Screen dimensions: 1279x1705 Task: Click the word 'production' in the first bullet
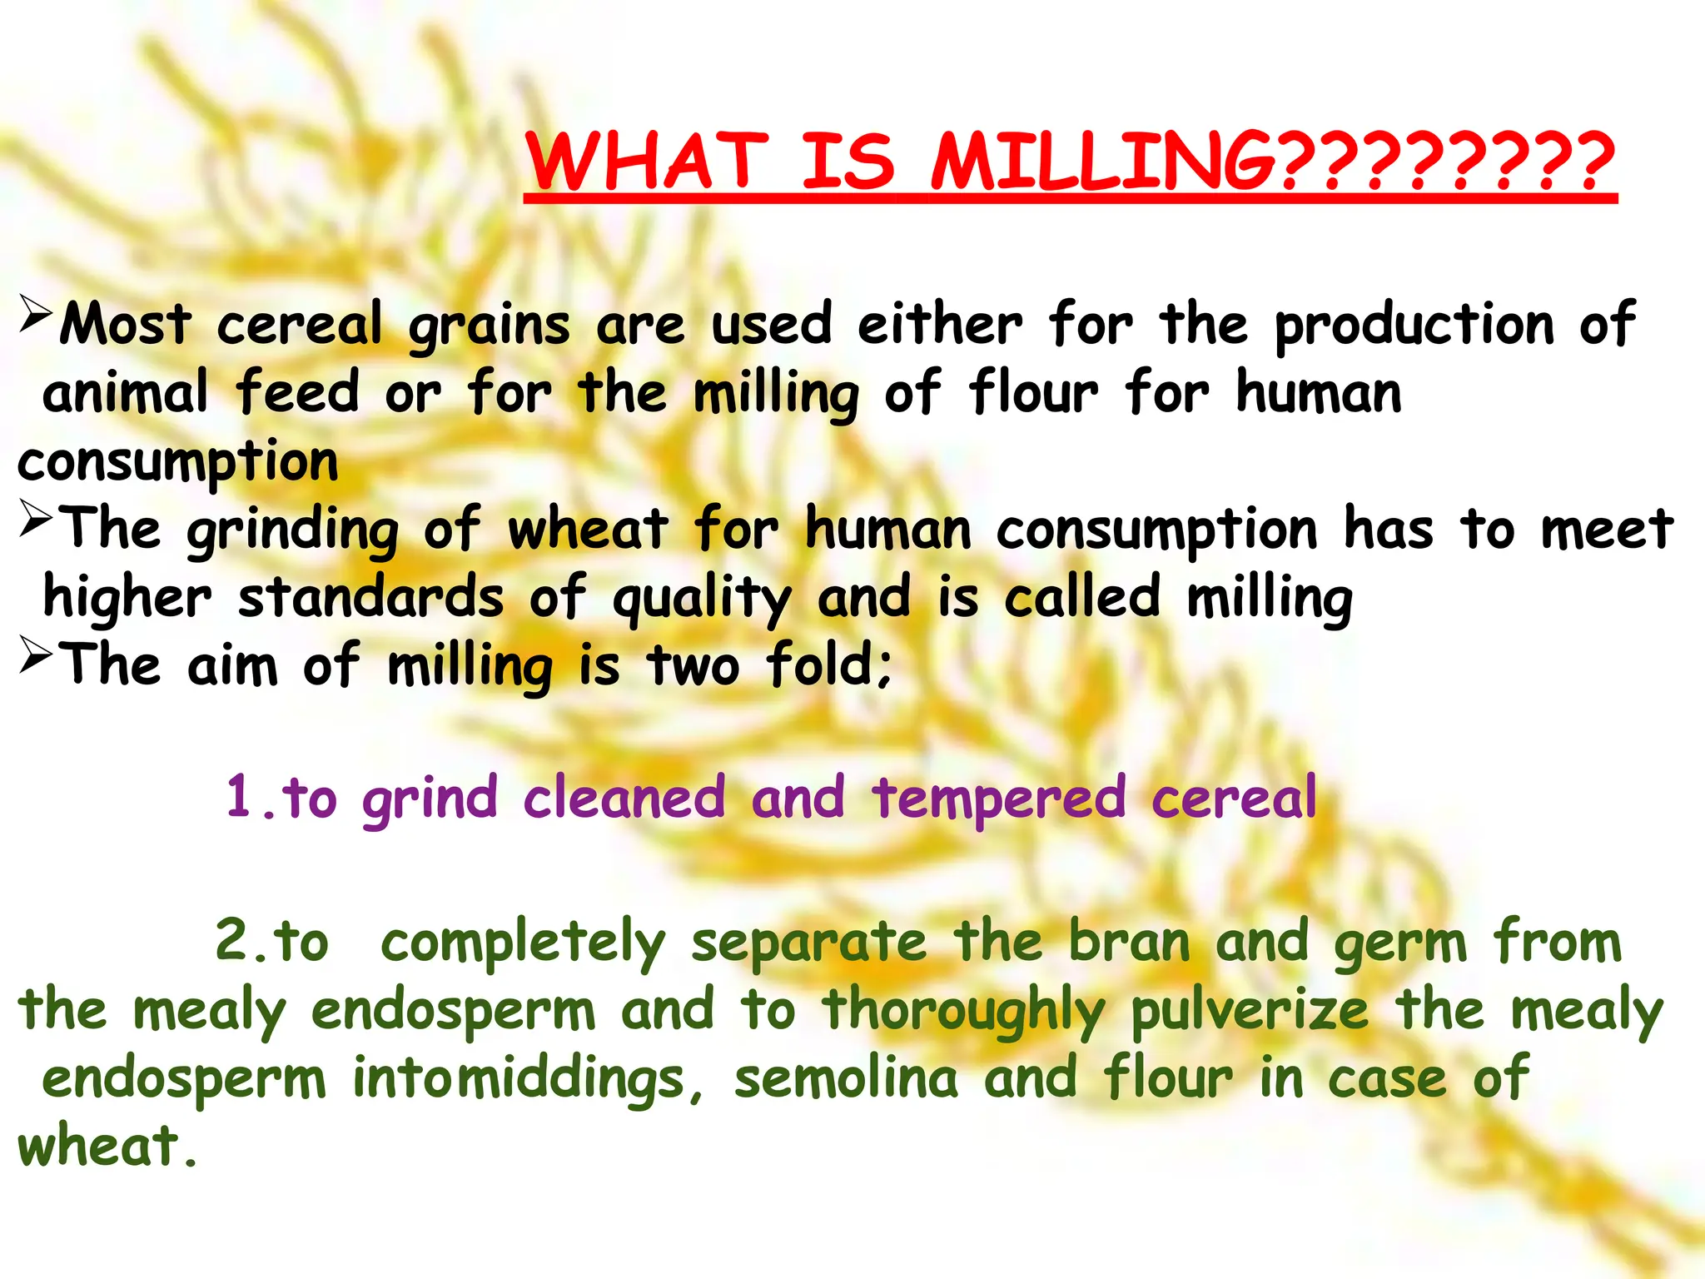(x=1414, y=326)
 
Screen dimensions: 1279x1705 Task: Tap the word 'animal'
(x=125, y=393)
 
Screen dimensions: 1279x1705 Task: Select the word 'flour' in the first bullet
(x=1033, y=393)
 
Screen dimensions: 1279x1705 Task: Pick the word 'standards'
(x=371, y=599)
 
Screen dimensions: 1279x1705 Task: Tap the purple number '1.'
(x=250, y=798)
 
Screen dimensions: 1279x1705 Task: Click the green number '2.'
(x=241, y=941)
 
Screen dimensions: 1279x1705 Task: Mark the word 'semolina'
(x=846, y=1078)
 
